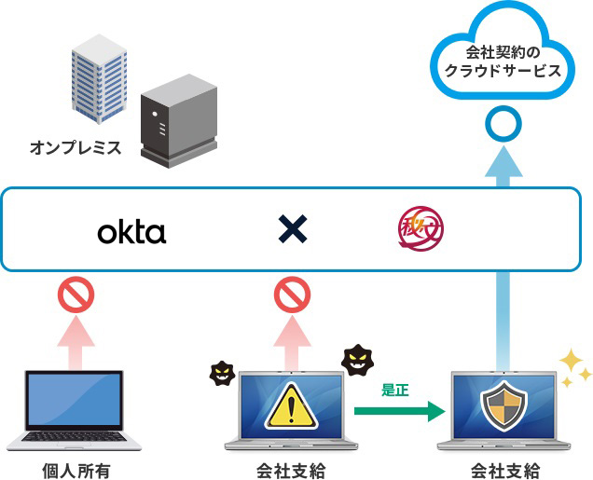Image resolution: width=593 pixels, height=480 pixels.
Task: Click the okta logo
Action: (131, 230)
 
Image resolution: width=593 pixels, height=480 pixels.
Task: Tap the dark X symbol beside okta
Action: (293, 229)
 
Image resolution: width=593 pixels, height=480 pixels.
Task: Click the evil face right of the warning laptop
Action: (359, 360)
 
